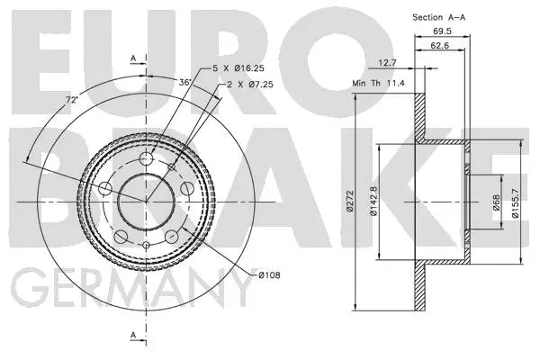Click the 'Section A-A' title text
444,17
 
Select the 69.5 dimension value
441,32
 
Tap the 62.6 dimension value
439,47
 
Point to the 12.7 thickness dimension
387,64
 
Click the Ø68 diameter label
496,202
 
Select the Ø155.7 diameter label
515,202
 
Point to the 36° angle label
186,81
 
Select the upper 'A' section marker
132,58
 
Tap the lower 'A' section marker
132,336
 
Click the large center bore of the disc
145,201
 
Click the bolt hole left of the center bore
104,188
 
